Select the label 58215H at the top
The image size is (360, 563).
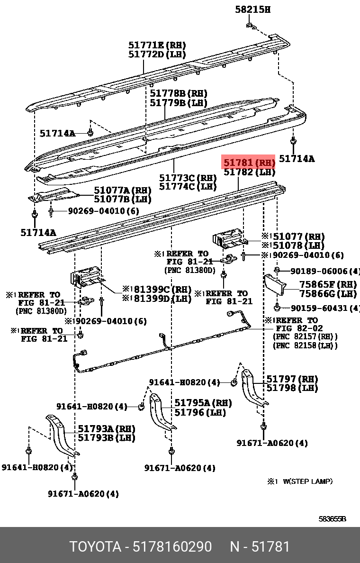253,9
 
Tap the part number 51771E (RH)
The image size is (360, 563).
157,45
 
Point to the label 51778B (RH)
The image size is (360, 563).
179,93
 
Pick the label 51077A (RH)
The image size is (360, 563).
122,191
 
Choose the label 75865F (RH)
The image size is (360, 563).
328,285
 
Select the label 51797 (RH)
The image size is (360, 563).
292,379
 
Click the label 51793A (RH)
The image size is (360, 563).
107,429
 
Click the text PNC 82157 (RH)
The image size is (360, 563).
305,336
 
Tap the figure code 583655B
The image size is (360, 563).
332,519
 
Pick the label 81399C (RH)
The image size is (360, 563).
161,290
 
